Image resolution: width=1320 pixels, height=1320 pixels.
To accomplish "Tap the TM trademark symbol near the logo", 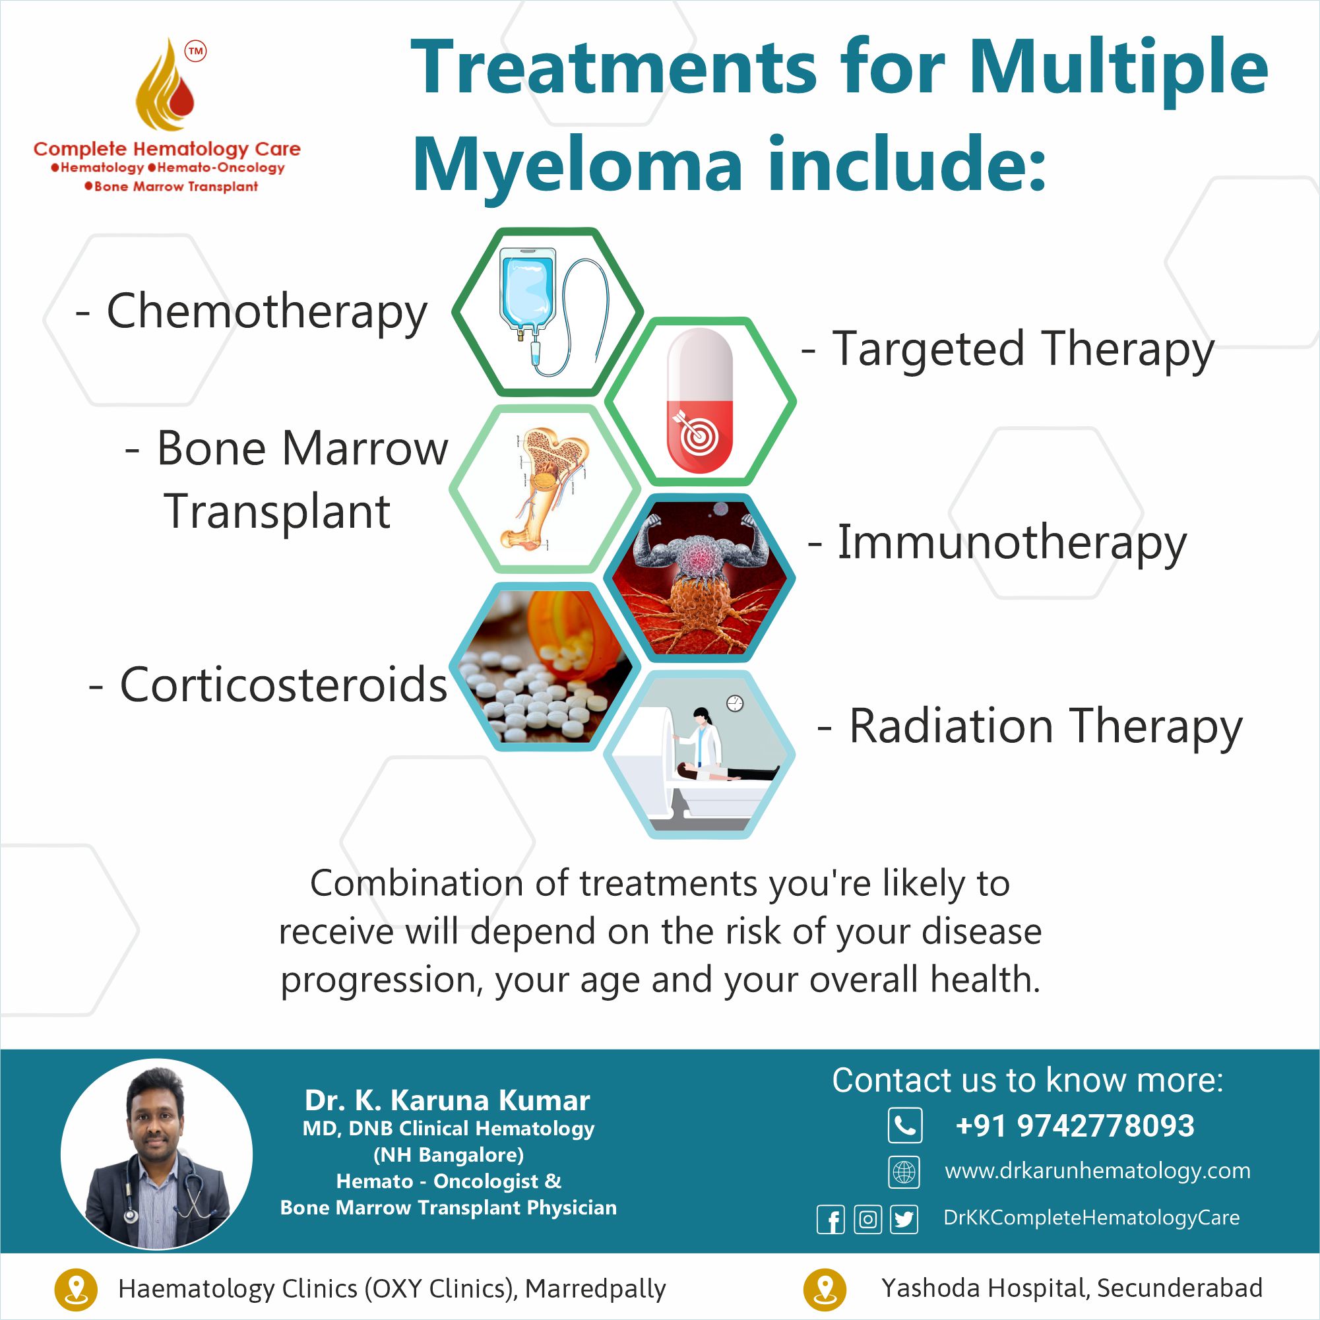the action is tap(196, 51).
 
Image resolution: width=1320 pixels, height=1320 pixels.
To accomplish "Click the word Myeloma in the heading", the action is tap(577, 166).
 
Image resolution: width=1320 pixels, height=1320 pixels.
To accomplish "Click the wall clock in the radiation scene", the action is tap(734, 703).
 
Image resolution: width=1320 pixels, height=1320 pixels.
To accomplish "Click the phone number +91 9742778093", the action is tap(1075, 1126).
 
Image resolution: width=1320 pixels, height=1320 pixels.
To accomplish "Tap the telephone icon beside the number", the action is tap(904, 1125).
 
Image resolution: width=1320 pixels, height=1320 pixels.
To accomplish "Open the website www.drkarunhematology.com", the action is tap(1097, 1170).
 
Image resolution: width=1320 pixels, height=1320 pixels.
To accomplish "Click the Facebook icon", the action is tap(831, 1219).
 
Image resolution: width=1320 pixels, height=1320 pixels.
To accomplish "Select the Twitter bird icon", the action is tap(904, 1219).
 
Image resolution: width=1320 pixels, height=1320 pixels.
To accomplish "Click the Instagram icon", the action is tap(867, 1219).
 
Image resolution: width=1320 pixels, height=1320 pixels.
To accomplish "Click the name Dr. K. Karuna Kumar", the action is tap(447, 1101).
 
